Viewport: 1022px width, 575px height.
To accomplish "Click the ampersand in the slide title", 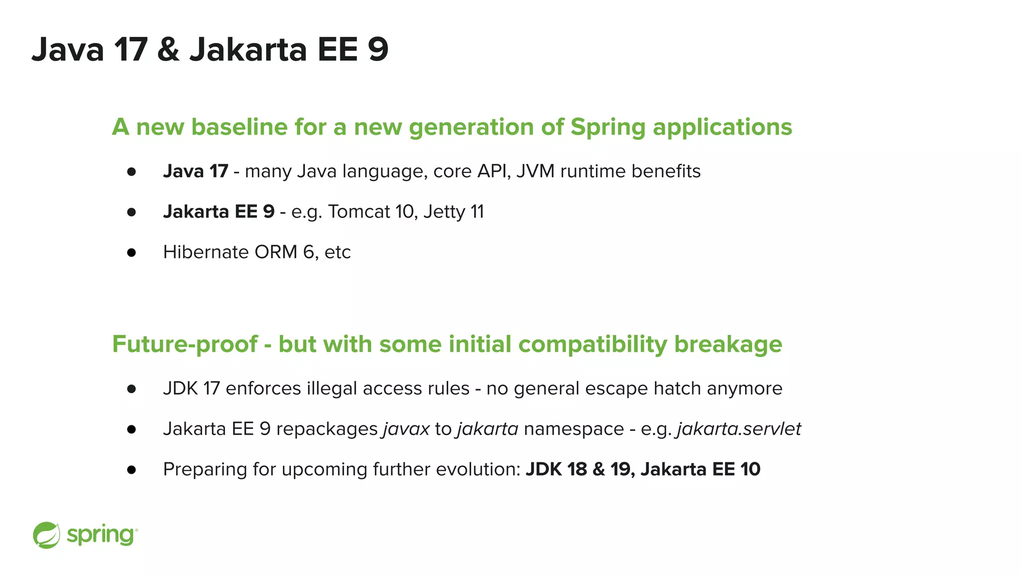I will tap(168, 50).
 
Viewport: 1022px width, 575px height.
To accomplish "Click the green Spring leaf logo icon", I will tap(46, 535).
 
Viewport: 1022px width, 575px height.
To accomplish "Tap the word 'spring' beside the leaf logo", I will tap(100, 536).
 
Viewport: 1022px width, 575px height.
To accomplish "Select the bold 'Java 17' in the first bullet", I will tap(196, 171).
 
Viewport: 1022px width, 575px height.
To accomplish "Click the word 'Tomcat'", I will tap(359, 212).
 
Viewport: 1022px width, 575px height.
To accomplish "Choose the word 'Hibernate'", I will tap(206, 252).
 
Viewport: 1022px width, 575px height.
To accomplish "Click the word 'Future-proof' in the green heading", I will tap(185, 344).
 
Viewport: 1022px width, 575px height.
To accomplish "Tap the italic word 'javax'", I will tap(406, 429).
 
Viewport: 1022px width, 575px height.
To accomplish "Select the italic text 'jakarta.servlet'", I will tap(739, 429).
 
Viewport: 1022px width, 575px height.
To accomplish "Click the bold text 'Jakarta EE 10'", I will tap(700, 469).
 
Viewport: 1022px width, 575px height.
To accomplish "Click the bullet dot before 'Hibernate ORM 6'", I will tap(132, 253).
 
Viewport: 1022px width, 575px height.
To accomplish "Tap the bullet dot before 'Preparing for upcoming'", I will tap(132, 470).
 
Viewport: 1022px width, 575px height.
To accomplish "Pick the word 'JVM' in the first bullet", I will tap(535, 171).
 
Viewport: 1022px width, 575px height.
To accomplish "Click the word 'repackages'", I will tap(327, 429).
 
